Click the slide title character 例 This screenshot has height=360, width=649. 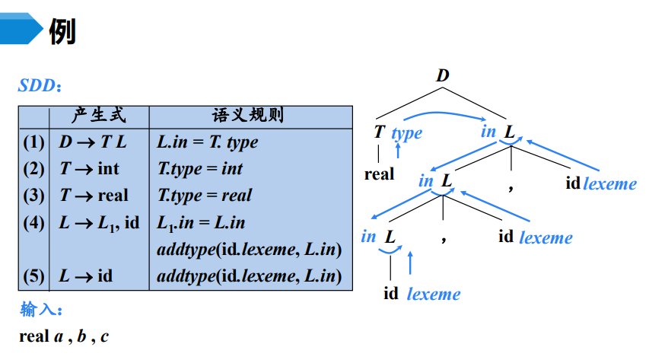click(62, 31)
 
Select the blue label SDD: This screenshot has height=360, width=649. click(40, 86)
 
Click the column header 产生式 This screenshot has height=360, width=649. click(99, 116)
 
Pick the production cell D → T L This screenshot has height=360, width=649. click(93, 142)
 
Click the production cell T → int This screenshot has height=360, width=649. click(89, 169)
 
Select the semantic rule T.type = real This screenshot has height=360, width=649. click(204, 196)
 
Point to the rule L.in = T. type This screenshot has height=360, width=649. click(207, 142)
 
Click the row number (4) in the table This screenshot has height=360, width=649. click(33, 223)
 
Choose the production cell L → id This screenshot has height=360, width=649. click(85, 276)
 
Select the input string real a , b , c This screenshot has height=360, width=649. click(64, 336)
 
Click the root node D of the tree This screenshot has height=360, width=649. click(443, 75)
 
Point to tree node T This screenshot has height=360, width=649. click(379, 132)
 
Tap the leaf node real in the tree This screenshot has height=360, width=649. click(379, 174)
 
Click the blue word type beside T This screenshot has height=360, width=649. click(406, 133)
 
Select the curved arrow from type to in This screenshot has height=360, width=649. click(445, 114)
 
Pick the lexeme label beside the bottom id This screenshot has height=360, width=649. click(433, 294)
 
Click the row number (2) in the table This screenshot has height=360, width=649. click(33, 169)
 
